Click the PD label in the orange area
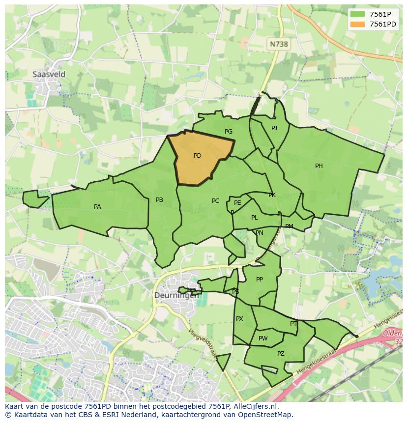[197, 156]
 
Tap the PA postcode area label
[97, 207]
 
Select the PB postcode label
[159, 200]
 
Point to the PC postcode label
[215, 201]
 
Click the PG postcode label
[229, 132]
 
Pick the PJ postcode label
[274, 128]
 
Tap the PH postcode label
[319, 166]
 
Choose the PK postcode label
[272, 195]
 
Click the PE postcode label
[237, 203]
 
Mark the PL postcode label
[254, 218]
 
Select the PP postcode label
[260, 280]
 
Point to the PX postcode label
[239, 319]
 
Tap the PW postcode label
[263, 338]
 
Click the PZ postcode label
[281, 354]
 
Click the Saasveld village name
[49, 74]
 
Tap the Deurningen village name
[176, 296]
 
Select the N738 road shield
[279, 44]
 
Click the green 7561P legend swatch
[358, 14]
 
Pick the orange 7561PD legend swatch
[358, 24]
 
